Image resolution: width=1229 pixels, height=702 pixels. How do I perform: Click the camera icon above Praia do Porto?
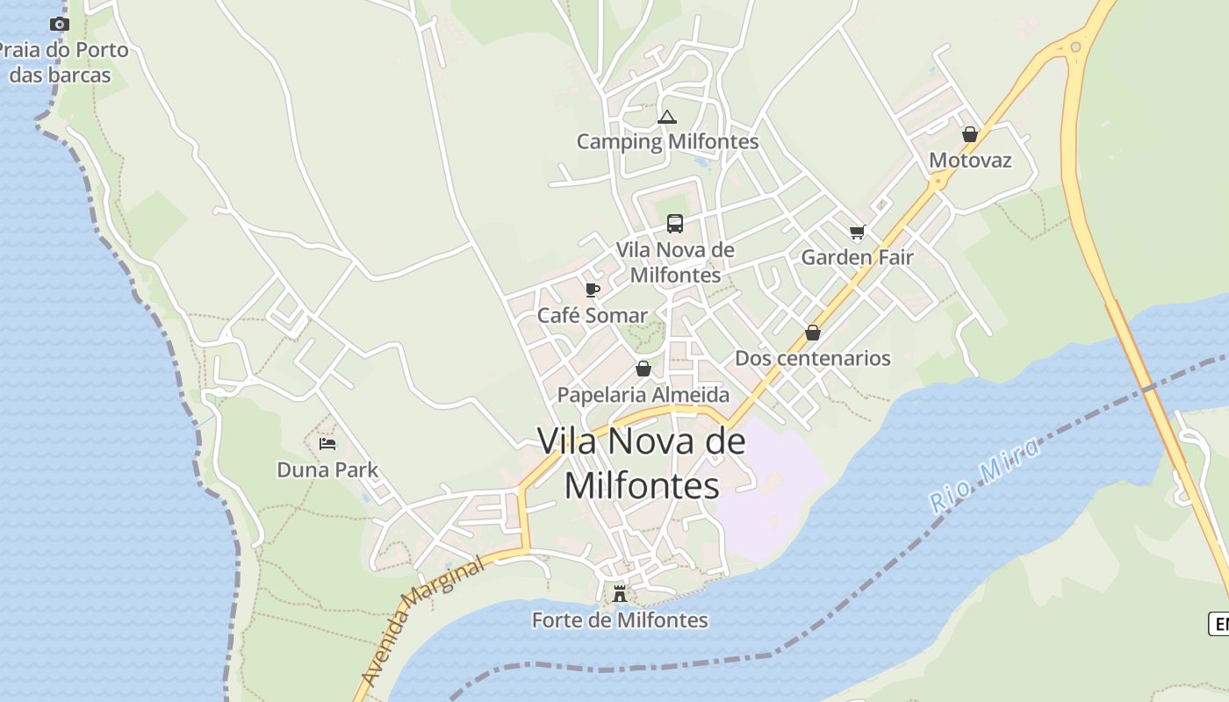[59, 24]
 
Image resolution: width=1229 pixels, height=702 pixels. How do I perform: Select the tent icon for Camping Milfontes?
[667, 117]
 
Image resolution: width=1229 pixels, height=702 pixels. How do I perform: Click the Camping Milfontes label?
[667, 141]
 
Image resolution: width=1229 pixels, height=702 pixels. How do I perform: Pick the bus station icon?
[674, 224]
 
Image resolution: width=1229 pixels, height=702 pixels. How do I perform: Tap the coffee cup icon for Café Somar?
[593, 290]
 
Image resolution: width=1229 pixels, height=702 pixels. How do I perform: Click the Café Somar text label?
[592, 315]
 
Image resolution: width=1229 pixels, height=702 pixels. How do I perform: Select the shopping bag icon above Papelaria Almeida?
[643, 369]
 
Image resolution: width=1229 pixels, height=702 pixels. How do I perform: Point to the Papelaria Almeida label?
[643, 395]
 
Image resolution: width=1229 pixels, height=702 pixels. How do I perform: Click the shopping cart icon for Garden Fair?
[857, 233]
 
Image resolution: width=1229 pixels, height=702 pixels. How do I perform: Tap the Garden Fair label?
[857, 257]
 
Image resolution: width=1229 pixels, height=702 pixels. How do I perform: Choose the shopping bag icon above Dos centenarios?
[813, 333]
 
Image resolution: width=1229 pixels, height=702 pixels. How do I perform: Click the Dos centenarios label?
[813, 358]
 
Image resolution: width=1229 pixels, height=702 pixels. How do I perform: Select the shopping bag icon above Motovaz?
[970, 134]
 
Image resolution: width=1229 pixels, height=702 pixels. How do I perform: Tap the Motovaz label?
[970, 161]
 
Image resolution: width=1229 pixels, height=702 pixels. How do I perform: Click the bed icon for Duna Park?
[327, 444]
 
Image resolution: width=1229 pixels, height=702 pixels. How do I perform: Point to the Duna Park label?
[327, 469]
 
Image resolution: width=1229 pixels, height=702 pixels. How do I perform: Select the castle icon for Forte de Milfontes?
[620, 594]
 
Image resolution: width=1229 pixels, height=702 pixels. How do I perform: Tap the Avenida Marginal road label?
[423, 622]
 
